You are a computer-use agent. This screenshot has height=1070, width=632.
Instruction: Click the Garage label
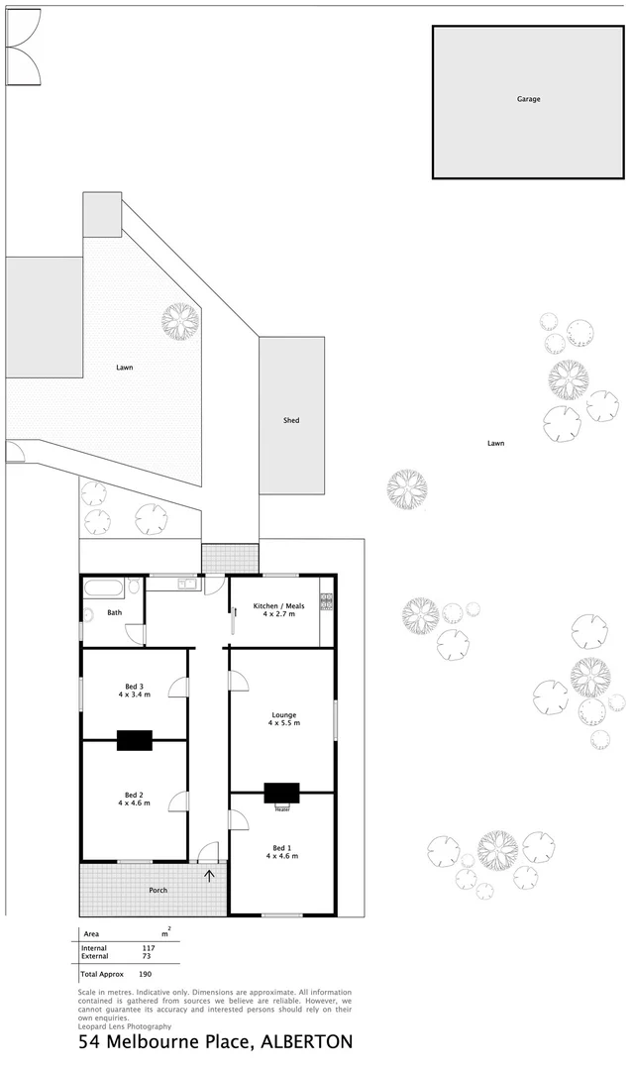coord(528,99)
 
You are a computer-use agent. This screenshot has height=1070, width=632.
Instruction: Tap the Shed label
coord(291,421)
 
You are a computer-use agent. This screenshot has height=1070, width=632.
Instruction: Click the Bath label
coord(114,613)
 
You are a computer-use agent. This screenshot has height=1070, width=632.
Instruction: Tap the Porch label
coord(158,890)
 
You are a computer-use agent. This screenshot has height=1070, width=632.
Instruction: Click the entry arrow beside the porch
coord(209,875)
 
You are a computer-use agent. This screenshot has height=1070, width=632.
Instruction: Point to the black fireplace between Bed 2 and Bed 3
coord(135,740)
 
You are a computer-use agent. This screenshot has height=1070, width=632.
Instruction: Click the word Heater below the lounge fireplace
coord(281,807)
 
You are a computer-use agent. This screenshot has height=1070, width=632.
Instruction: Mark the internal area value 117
coord(150,948)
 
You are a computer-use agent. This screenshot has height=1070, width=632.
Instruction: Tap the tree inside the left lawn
coord(180,320)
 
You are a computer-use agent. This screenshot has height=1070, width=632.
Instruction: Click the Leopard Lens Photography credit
coord(118,1026)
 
